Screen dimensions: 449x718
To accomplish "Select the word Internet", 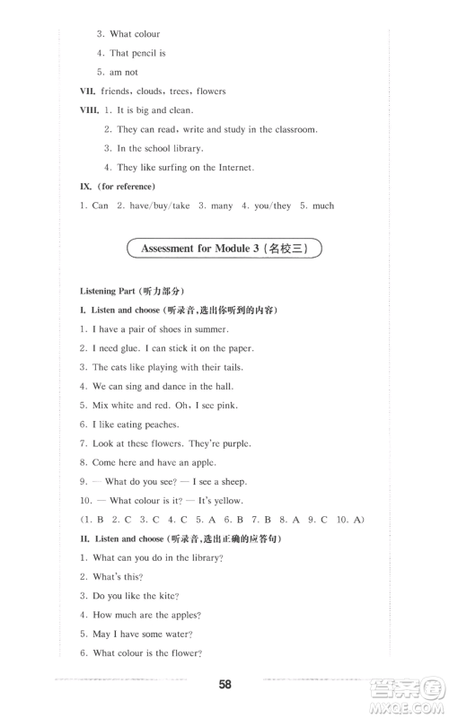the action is click(233, 167).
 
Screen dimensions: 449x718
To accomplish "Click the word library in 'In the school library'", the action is click(184, 148).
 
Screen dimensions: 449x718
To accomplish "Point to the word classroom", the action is click(290, 129).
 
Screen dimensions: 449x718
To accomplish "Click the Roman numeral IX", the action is click(86, 186).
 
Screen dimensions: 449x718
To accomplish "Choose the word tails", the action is click(228, 367).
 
